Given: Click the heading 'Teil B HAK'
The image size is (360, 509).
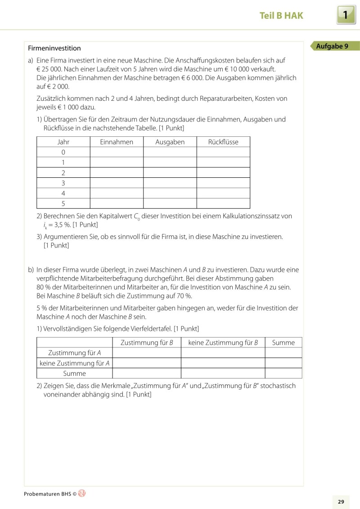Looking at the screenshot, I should coord(281,16).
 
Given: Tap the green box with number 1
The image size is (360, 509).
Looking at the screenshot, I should coord(346,15).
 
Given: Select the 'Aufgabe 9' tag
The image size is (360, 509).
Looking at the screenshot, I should coord(333,46).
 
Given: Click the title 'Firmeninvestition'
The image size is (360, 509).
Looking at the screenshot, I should coord(54,48).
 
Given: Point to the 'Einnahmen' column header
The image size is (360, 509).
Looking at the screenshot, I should coord(117,142).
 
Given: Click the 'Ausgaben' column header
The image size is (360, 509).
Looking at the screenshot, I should coord(170,142).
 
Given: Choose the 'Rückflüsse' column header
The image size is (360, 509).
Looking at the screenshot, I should coord(223,142).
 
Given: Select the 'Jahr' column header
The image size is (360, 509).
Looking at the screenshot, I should coord(63,142).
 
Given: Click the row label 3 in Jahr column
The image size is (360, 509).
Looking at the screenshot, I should coord(63,183).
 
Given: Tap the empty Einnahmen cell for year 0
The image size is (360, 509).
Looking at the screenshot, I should coord(117,152).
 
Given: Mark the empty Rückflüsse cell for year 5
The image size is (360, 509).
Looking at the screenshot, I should coord(223,203).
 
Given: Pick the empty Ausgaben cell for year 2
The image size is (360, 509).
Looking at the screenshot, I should coord(170,172).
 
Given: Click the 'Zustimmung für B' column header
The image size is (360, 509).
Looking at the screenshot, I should coord(146,342).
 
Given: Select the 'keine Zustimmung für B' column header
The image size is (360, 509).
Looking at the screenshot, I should coord(223,342).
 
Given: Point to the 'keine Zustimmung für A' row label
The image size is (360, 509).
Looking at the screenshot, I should coord(74,363).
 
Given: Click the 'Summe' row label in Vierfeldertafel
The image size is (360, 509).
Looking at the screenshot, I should coord(74,374).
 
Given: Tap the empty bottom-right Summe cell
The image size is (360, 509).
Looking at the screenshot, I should coord(283,374).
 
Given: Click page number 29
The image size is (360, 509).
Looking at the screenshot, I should coord(341,501).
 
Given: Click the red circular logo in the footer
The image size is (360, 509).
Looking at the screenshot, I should coord(82,493).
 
